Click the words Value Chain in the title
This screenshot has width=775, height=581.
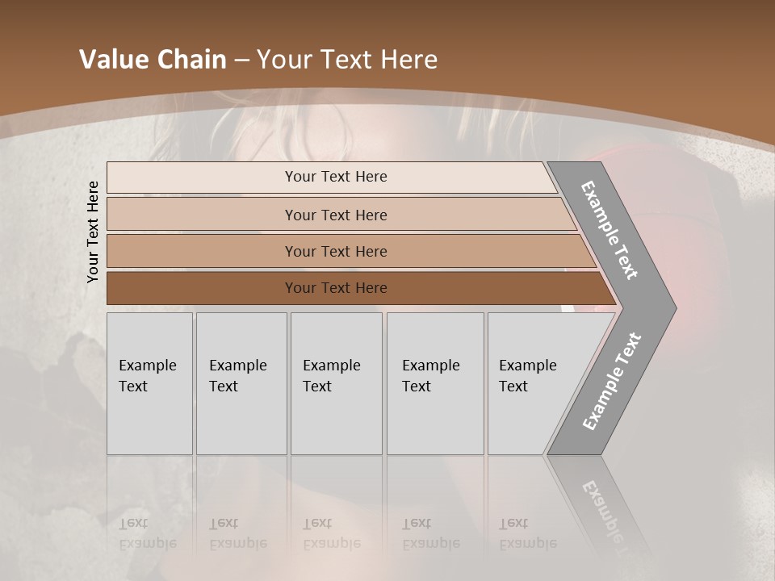pos(153,60)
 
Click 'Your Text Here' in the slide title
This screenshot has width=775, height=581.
pos(347,60)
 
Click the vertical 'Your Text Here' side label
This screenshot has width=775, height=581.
pos(93,232)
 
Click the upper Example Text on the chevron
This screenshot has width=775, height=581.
pos(610,230)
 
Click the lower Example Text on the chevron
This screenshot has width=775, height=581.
pos(612,382)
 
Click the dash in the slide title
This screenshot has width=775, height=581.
pos(241,60)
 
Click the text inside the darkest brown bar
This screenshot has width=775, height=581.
pos(336,288)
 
